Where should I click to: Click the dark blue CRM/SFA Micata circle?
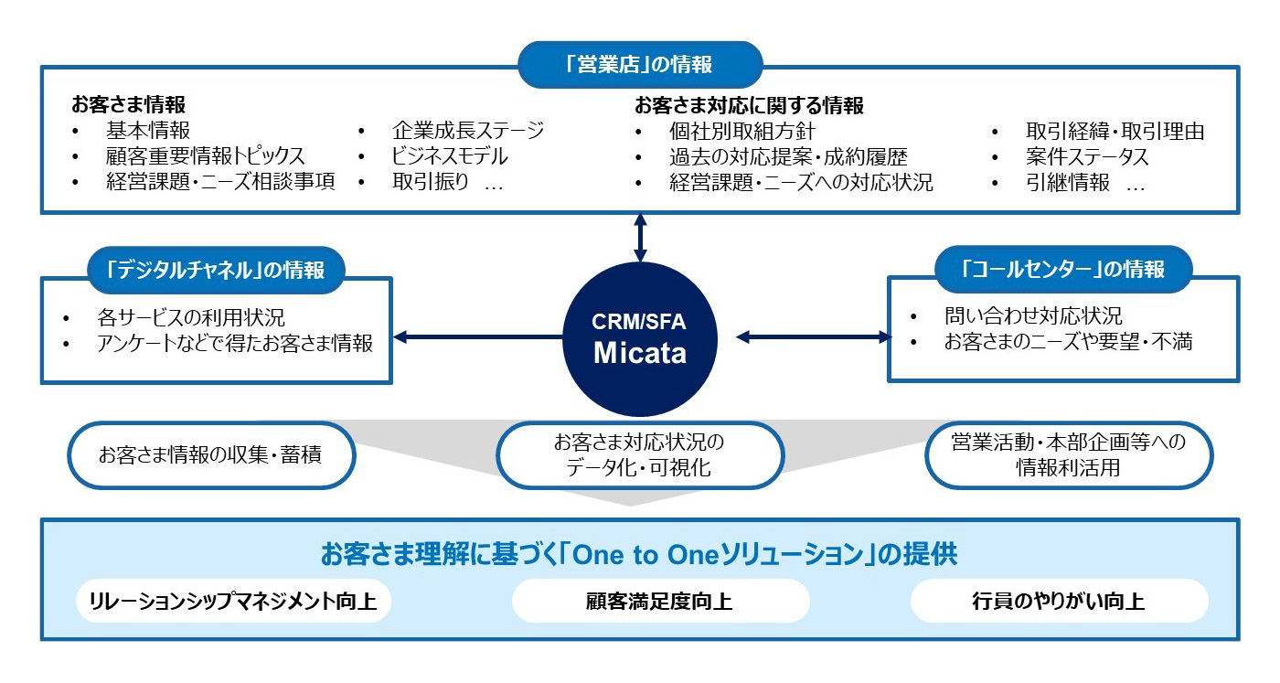pos(640,338)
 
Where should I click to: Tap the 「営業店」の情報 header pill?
pos(640,65)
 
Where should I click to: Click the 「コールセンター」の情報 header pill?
pos(1064,270)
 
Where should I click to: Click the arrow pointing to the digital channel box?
pos(475,338)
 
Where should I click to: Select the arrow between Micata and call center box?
pos(814,338)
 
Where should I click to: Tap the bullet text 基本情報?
pos(147,131)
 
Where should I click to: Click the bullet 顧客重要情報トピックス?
pos(205,156)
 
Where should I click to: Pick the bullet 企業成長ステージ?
pos(467,131)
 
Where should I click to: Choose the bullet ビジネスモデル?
pos(450,156)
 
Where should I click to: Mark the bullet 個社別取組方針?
pos(741,131)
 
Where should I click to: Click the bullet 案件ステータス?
pos(1087,156)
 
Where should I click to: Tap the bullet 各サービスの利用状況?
pos(190,318)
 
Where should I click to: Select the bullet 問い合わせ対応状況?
pos(1032,316)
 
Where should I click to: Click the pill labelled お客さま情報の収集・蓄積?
pos(211,454)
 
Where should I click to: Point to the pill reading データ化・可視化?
pos(639,455)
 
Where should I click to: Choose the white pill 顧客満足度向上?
pos(660,602)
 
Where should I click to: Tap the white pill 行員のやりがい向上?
pos(1058,602)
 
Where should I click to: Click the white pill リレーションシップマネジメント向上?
pos(233,602)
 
